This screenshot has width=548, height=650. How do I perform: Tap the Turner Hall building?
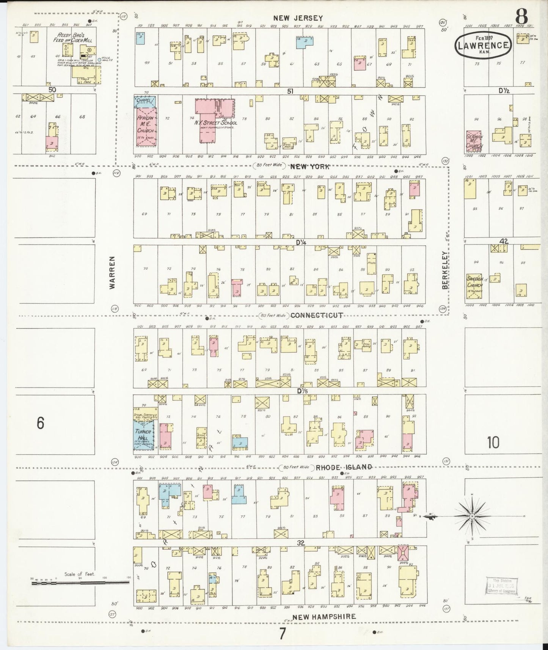pos(144,434)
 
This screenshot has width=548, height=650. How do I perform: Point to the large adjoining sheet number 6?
pos(41,423)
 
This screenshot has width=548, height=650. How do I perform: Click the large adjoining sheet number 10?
pos(493,442)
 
